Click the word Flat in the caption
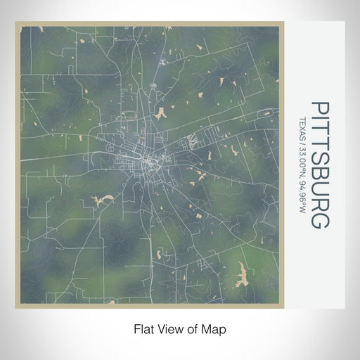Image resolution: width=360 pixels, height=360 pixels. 143,329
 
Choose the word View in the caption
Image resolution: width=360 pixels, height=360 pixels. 169,329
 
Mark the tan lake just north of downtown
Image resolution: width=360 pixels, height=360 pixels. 161,112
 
